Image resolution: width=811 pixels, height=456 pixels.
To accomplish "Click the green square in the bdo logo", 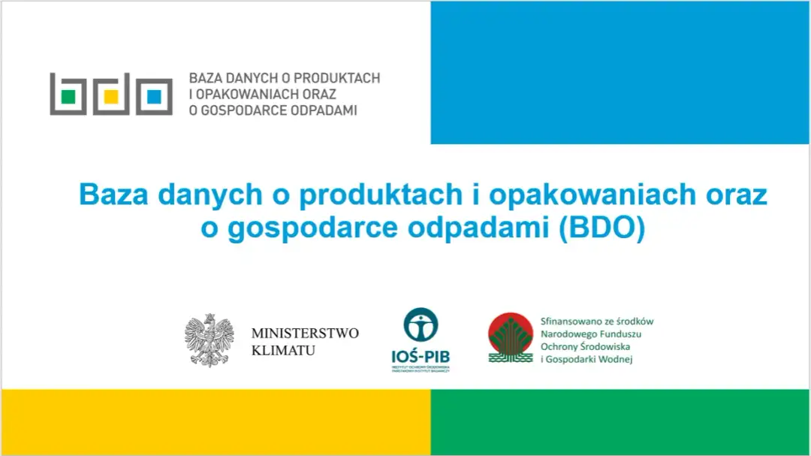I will [x=68, y=97].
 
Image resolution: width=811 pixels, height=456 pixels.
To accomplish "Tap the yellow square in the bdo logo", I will [x=111, y=97].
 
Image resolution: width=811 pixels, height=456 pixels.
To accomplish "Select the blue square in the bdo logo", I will [x=154, y=97].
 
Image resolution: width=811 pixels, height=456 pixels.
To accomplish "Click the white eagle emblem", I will [x=210, y=340].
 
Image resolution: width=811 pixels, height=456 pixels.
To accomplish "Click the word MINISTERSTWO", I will [x=305, y=333].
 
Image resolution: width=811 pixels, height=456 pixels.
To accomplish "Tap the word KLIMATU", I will [x=283, y=350].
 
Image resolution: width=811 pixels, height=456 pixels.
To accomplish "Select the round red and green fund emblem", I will [x=511, y=337].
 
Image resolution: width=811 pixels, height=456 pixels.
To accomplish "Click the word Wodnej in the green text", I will [x=616, y=360].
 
